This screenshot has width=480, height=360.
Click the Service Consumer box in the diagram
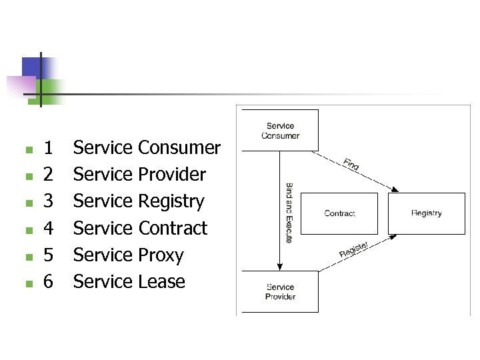(280, 130)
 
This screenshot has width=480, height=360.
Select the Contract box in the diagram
(339, 213)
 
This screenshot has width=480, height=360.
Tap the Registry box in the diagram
(427, 213)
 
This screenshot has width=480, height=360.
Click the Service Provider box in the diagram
(280, 291)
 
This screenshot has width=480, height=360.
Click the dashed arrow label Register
(353, 249)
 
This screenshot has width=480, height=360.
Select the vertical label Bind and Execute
(289, 213)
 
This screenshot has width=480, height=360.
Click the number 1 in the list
(48, 147)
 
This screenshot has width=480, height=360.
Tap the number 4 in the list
(48, 228)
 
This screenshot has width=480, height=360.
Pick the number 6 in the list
(48, 281)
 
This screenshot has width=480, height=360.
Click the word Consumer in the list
(179, 147)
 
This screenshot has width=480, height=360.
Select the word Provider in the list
(172, 174)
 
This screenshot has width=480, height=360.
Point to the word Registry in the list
(171, 201)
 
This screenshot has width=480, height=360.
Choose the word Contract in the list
(173, 228)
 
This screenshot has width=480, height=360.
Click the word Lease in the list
(161, 281)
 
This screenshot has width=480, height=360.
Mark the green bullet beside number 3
(27, 203)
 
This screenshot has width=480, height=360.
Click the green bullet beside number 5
(27, 257)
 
